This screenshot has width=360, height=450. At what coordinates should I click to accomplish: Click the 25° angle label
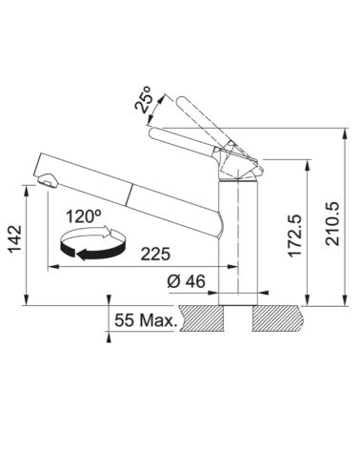[144, 99]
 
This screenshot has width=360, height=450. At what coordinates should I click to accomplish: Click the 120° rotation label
[84, 216]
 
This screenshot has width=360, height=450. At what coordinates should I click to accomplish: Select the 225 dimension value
[155, 254]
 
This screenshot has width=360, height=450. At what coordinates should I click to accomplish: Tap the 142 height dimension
[15, 239]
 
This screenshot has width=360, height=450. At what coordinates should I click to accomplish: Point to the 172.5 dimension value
[294, 235]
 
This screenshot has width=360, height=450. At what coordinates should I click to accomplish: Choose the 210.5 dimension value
[332, 224]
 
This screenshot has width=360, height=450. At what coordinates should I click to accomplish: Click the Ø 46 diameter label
[187, 281]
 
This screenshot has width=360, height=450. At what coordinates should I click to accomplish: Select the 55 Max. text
[146, 320]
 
